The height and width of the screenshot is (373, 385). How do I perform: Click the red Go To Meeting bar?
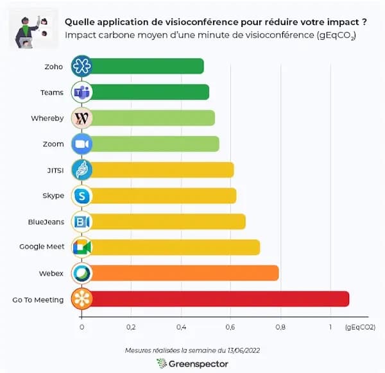[x=218, y=299]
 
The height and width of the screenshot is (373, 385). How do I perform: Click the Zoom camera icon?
[x=82, y=144]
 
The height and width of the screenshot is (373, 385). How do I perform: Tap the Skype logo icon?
[x=82, y=195]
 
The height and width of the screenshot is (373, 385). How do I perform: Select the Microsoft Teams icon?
[x=82, y=92]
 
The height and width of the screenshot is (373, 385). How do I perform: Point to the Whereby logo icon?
[x=82, y=118]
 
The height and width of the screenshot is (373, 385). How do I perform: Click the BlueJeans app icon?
[x=82, y=221]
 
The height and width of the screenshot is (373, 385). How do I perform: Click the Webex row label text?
[x=53, y=273]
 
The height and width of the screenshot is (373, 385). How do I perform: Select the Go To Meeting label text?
[x=38, y=299]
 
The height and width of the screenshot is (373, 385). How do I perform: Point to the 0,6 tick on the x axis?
[x=230, y=327]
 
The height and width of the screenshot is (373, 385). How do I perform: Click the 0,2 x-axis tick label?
[x=131, y=327]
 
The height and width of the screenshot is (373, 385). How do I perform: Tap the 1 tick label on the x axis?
[x=330, y=327]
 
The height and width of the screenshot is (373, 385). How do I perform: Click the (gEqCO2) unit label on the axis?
[x=359, y=327]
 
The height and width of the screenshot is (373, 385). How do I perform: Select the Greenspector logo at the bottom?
[x=192, y=363]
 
